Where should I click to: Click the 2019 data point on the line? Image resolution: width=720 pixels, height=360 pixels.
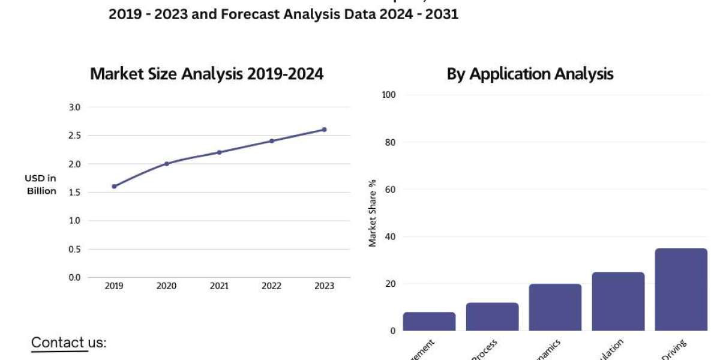(x=114, y=186)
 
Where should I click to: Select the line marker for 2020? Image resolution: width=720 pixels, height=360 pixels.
(x=166, y=163)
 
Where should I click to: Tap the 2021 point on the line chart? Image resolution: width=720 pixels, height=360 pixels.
(x=219, y=152)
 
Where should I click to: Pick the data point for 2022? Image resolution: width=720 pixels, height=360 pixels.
(x=271, y=141)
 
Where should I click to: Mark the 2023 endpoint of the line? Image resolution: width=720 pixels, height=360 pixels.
(x=324, y=130)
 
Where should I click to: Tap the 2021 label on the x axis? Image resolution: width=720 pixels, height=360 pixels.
(x=219, y=286)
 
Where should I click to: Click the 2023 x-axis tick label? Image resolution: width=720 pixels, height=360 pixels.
(x=324, y=286)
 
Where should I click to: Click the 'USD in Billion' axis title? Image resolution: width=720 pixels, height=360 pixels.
(x=41, y=184)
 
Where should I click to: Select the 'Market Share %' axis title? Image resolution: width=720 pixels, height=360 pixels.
(x=372, y=213)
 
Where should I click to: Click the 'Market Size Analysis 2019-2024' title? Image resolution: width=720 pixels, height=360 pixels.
(x=206, y=74)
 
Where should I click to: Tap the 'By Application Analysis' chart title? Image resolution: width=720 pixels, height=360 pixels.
(x=530, y=74)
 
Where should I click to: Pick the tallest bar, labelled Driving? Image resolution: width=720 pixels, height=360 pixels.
(x=681, y=289)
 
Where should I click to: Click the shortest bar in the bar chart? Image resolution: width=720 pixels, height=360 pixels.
(x=429, y=321)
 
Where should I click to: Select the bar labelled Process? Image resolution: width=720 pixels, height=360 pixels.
(x=492, y=316)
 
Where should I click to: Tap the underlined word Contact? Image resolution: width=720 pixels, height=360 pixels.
(x=58, y=342)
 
